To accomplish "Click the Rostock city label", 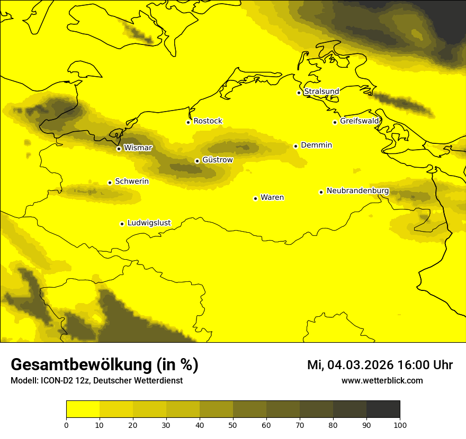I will coord(208,121).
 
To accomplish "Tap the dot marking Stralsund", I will coord(299,93).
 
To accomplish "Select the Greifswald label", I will coord(360,121).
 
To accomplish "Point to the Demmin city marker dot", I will coord(295,146).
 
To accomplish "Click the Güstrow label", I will coord(217,160).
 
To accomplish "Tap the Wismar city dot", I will coord(119,149).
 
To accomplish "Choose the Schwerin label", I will coord(132,181).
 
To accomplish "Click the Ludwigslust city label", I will coord(149,223).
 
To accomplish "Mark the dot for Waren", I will coord(255,198).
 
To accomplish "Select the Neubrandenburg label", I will coord(357,191).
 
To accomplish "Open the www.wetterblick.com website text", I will coord(382,380).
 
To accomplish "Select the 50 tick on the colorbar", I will coord(233,424).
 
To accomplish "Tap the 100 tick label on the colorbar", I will coord(400,424).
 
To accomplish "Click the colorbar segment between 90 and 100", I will coord(383,409).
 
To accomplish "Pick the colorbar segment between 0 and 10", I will coord(83,409).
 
